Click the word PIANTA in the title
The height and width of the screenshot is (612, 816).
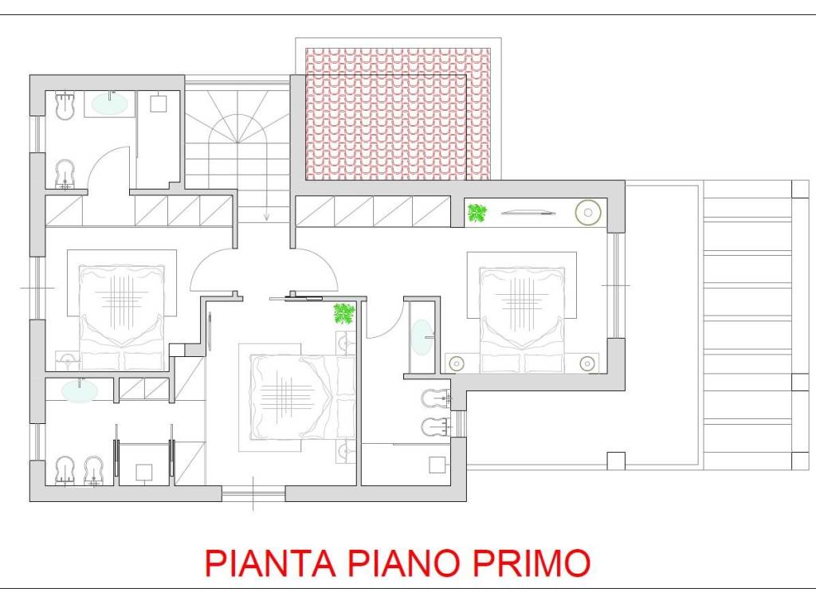[270, 562]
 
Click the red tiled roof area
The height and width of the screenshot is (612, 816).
[398, 114]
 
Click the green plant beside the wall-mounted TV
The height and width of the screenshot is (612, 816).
[477, 213]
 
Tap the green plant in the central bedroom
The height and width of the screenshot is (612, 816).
[344, 313]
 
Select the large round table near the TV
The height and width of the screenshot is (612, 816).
[588, 212]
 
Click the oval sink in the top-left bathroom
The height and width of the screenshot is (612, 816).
[110, 104]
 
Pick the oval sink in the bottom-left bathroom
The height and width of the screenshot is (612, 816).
[80, 390]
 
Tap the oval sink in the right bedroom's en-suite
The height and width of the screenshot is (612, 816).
[422, 337]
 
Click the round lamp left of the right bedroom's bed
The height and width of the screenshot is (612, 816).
[457, 363]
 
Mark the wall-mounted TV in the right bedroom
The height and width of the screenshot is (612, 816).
[529, 212]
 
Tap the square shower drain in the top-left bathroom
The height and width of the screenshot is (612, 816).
[159, 104]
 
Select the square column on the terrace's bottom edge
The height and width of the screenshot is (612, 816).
[616, 461]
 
